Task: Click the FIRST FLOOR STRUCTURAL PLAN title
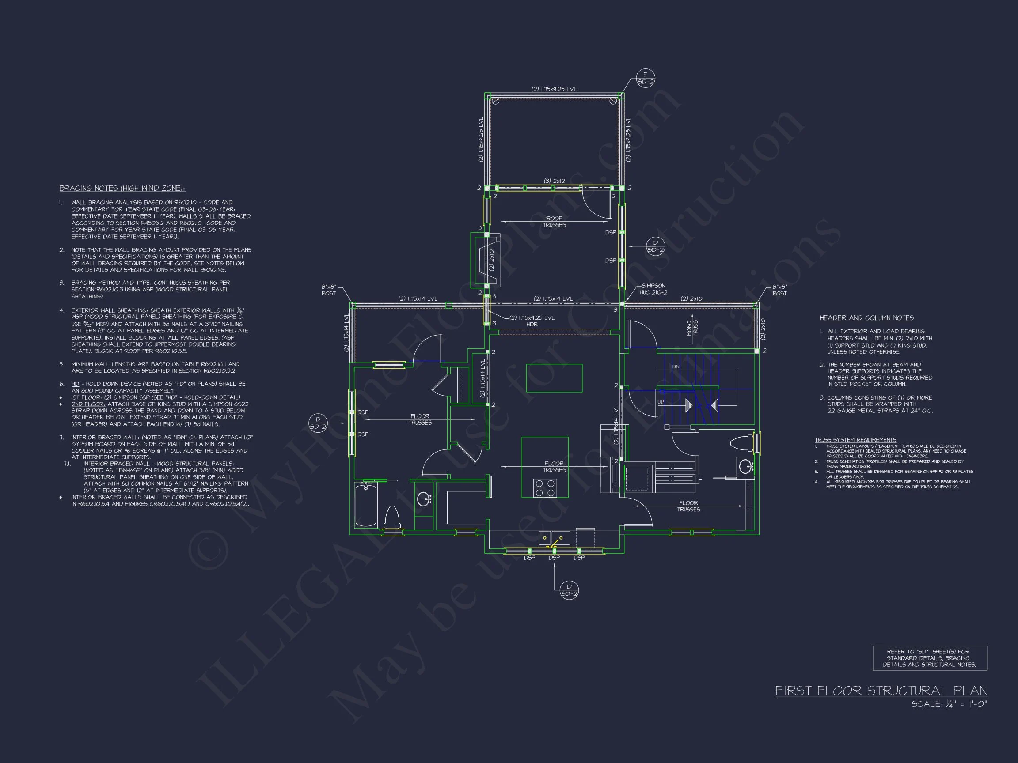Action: pyautogui.click(x=881, y=691)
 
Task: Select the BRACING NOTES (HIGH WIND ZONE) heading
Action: pyautogui.click(x=122, y=188)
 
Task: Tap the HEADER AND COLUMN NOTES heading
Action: pyautogui.click(x=866, y=318)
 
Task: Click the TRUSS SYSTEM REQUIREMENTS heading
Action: pyautogui.click(x=855, y=440)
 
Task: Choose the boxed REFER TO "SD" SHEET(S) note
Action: pyautogui.click(x=930, y=658)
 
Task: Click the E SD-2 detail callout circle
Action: pyautogui.click(x=645, y=78)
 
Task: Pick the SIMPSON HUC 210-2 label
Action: pyautogui.click(x=653, y=289)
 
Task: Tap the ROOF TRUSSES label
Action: pyautogui.click(x=554, y=222)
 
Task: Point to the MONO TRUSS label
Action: pyautogui.click(x=692, y=329)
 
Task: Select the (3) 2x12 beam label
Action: pyautogui.click(x=554, y=181)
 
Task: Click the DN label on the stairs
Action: pyautogui.click(x=676, y=366)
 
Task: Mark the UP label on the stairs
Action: pyautogui.click(x=661, y=402)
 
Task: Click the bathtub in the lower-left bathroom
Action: pyautogui.click(x=366, y=505)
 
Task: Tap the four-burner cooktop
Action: pyautogui.click(x=545, y=488)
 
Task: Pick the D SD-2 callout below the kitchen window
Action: pyautogui.click(x=569, y=590)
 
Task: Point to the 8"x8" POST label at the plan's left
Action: pyautogui.click(x=329, y=290)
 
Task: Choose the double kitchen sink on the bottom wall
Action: pyautogui.click(x=554, y=537)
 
